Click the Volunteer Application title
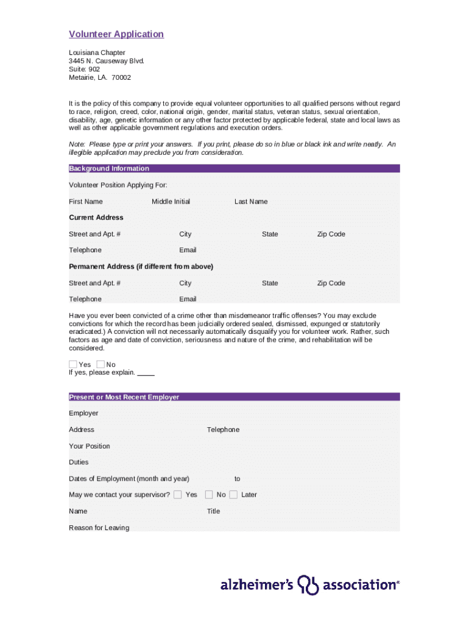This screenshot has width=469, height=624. (116, 34)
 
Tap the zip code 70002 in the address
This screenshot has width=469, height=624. (121, 78)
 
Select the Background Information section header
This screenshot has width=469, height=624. (109, 169)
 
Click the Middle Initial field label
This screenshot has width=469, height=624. (171, 202)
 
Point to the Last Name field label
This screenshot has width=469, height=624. (251, 202)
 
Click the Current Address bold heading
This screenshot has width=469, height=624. (96, 218)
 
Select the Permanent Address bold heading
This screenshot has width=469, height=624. (141, 267)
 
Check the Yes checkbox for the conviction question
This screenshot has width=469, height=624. (73, 364)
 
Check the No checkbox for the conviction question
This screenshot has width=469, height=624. (100, 364)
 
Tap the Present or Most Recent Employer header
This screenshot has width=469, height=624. (124, 397)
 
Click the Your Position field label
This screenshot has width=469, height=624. (90, 446)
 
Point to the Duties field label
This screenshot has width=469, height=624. (79, 463)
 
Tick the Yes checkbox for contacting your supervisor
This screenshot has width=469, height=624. (177, 495)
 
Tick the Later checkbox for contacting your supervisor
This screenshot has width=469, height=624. (233, 495)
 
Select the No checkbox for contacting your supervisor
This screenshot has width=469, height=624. (209, 495)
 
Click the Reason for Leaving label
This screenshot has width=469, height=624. (99, 528)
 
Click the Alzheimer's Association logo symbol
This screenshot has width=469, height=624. (308, 585)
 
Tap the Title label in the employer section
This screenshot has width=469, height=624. (213, 511)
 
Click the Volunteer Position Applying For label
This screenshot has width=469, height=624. (118, 185)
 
